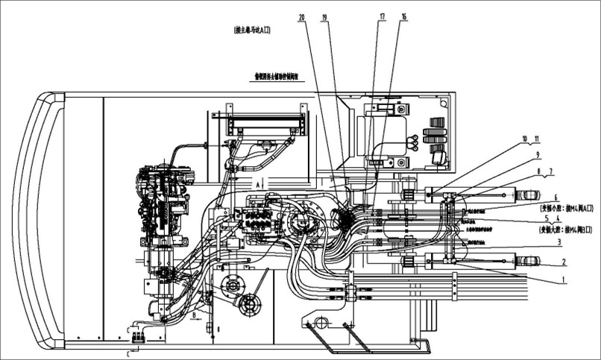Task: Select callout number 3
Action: pyautogui.click(x=558, y=242)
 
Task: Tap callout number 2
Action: pyautogui.click(x=564, y=262)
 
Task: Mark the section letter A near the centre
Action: pyautogui.click(x=256, y=181)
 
